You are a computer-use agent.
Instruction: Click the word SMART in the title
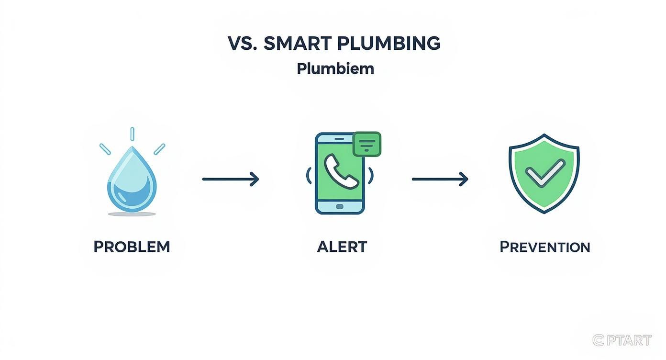point(297,44)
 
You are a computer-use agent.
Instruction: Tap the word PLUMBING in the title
point(388,44)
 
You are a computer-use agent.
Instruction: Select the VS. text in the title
point(243,44)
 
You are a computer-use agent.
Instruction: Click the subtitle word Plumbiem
point(335,68)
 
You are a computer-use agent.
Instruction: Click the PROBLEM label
point(132,247)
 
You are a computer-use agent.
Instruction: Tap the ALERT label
point(342,247)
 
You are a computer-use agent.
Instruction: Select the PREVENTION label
point(544,247)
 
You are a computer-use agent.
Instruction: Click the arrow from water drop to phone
point(231,180)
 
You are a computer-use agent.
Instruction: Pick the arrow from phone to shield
point(440,180)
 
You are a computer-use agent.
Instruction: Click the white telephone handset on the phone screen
point(340,171)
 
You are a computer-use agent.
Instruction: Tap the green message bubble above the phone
point(367,144)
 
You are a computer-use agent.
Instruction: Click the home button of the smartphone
point(340,206)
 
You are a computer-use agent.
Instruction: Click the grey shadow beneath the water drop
point(132,214)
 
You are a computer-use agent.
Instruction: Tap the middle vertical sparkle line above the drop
point(132,134)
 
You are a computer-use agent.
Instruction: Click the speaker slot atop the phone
point(339,139)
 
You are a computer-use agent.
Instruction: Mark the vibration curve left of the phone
point(308,175)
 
